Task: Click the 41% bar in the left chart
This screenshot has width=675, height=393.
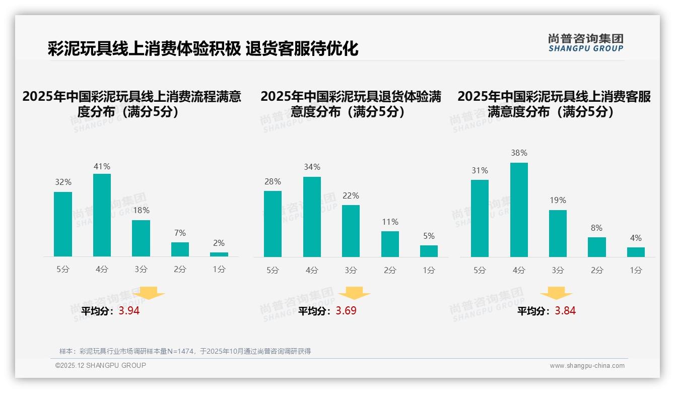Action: click(x=102, y=215)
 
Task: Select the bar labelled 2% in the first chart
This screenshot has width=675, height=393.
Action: click(x=219, y=254)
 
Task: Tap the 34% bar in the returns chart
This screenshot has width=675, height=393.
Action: click(x=312, y=217)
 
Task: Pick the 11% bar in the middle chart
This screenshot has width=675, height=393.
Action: click(x=390, y=244)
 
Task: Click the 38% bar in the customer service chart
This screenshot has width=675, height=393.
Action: click(x=519, y=210)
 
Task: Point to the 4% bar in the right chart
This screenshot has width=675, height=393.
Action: click(x=636, y=252)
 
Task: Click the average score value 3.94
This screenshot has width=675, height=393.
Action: click(x=129, y=311)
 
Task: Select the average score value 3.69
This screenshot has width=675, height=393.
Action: click(x=346, y=311)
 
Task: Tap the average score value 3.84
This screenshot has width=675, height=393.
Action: click(x=565, y=311)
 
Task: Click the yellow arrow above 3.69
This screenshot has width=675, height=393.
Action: click(x=355, y=294)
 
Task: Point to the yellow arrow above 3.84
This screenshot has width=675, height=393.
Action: click(x=556, y=294)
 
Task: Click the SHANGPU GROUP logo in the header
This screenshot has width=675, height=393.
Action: click(x=585, y=42)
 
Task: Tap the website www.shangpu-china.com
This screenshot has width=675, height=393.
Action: click(x=587, y=366)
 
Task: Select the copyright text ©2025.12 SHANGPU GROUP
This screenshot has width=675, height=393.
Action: click(x=101, y=365)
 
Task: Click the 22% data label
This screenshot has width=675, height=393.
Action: click(x=351, y=195)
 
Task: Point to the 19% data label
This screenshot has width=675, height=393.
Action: click(x=558, y=200)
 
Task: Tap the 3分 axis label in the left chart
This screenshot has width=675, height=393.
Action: click(x=141, y=270)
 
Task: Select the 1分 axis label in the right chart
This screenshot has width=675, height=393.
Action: click(x=636, y=270)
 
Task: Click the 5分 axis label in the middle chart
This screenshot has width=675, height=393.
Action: click(x=273, y=270)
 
